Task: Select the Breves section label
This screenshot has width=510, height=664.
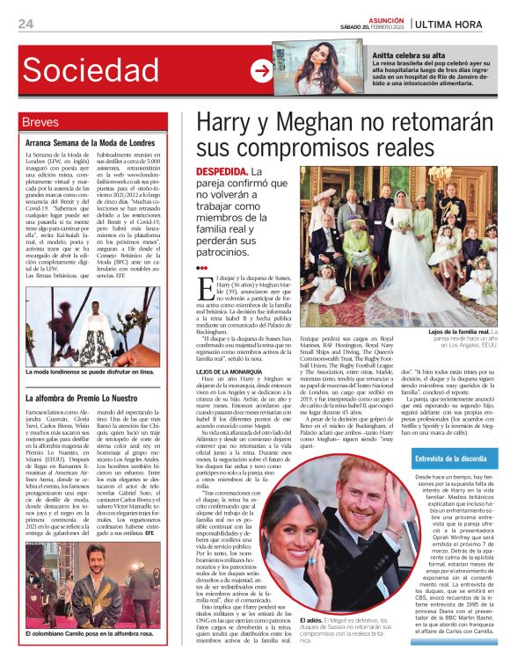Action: [x=41, y=122]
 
